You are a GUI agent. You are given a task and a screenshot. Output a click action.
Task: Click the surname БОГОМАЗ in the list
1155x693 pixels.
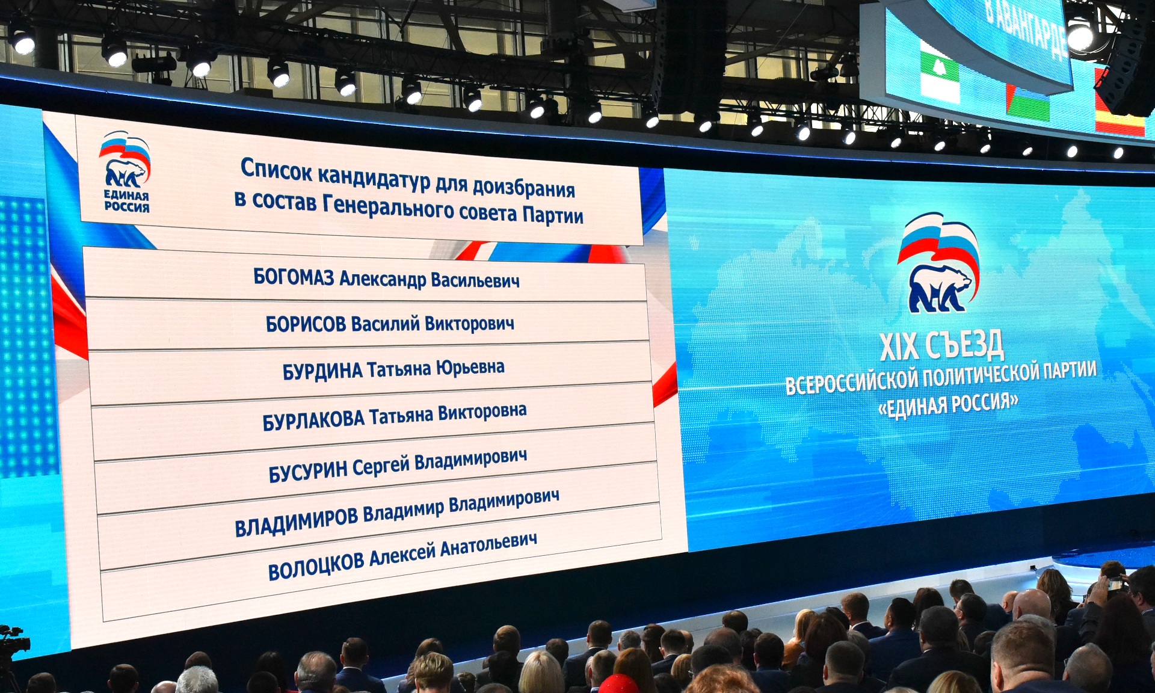(x=294, y=277)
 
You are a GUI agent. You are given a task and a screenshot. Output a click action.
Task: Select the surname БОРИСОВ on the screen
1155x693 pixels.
(x=306, y=324)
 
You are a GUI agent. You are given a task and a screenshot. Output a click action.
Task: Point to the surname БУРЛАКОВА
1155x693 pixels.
(x=313, y=420)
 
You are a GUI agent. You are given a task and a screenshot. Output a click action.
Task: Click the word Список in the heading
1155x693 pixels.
(x=276, y=170)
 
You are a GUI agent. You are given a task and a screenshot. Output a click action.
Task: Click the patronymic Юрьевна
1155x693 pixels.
(x=470, y=367)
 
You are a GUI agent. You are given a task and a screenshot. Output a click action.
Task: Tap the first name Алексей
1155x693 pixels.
(x=402, y=555)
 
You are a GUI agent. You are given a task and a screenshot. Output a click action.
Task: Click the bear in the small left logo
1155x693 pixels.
(x=125, y=173)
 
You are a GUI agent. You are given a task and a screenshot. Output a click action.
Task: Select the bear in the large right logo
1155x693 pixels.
(x=940, y=288)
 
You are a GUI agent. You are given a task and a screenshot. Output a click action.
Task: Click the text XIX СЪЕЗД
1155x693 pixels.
(x=941, y=345)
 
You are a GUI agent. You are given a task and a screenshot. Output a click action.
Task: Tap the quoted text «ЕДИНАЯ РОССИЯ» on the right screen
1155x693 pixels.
(x=948, y=404)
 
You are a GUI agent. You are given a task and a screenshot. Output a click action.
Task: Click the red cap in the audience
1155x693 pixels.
(x=618, y=684)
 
